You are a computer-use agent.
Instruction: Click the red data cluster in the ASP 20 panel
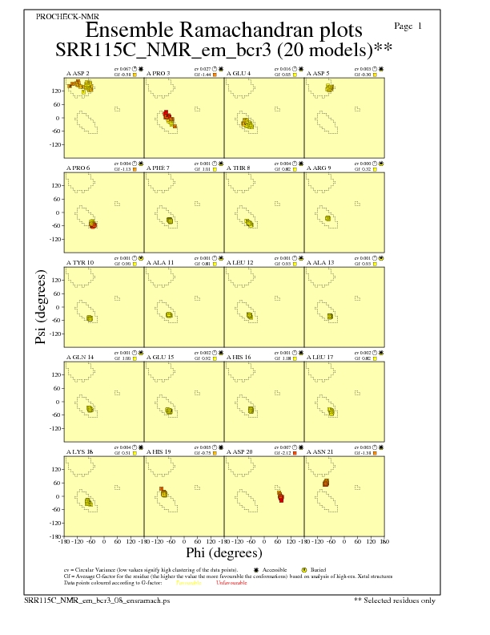coord(280,497)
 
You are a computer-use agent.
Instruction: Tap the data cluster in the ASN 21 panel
coord(326,483)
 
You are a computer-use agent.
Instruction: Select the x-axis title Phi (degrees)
coord(224,553)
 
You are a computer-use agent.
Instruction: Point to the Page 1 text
coord(409,26)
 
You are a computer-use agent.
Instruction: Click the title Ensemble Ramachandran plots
coord(223,30)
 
